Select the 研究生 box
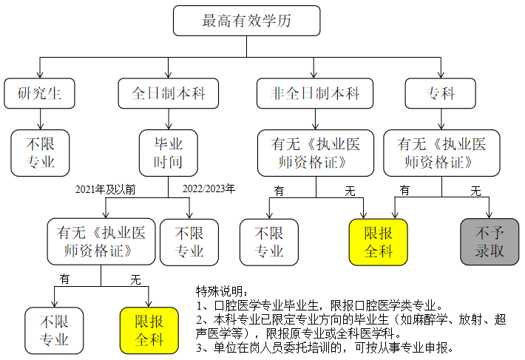point(38,93)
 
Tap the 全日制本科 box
point(168,93)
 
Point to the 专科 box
point(441,93)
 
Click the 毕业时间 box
point(168,152)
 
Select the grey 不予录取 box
point(490,242)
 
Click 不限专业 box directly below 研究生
point(40,152)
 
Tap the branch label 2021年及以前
point(106,189)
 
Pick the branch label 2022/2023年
point(209,189)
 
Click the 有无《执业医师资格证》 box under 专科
point(441,152)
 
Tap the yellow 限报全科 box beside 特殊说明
point(149,330)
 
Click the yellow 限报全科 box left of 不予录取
point(378,242)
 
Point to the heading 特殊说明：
point(223,291)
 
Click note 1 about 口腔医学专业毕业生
point(319,305)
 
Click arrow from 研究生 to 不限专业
point(38,117)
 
